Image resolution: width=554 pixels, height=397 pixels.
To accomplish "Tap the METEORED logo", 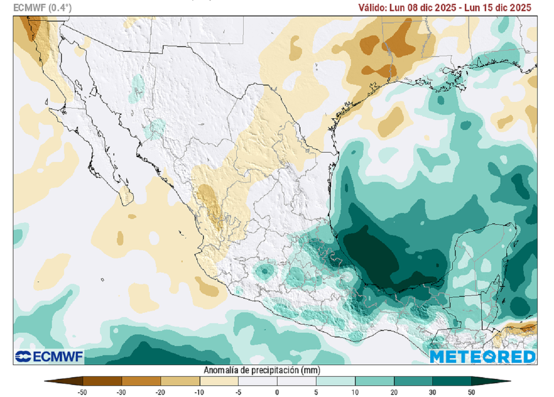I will coord(483,356).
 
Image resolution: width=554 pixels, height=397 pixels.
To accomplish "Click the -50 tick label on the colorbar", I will coord(83,392).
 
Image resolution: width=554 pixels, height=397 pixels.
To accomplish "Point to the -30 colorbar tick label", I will coord(122,392).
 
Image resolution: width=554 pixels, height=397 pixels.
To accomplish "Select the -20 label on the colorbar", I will coord(161,392).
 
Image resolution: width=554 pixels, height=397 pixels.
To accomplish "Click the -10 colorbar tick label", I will coord(199,392).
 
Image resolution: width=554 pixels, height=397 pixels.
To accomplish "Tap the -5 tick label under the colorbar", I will coord(238,392).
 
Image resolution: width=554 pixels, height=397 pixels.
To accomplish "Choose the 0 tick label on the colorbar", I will coord(277,392).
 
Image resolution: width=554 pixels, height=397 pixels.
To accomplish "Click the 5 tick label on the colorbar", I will coord(316,392).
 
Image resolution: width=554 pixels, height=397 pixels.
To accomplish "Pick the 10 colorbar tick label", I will coord(355,392).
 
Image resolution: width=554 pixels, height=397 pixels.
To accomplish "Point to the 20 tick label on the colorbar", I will coord(394,392).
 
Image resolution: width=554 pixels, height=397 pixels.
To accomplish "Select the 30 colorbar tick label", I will coord(433,392).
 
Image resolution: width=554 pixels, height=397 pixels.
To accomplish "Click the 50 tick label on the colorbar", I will coord(472,392).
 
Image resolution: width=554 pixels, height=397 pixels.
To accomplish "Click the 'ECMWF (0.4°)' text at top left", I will coord(43,8).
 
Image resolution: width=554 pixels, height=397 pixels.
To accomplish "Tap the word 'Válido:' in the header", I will coord(373,8).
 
